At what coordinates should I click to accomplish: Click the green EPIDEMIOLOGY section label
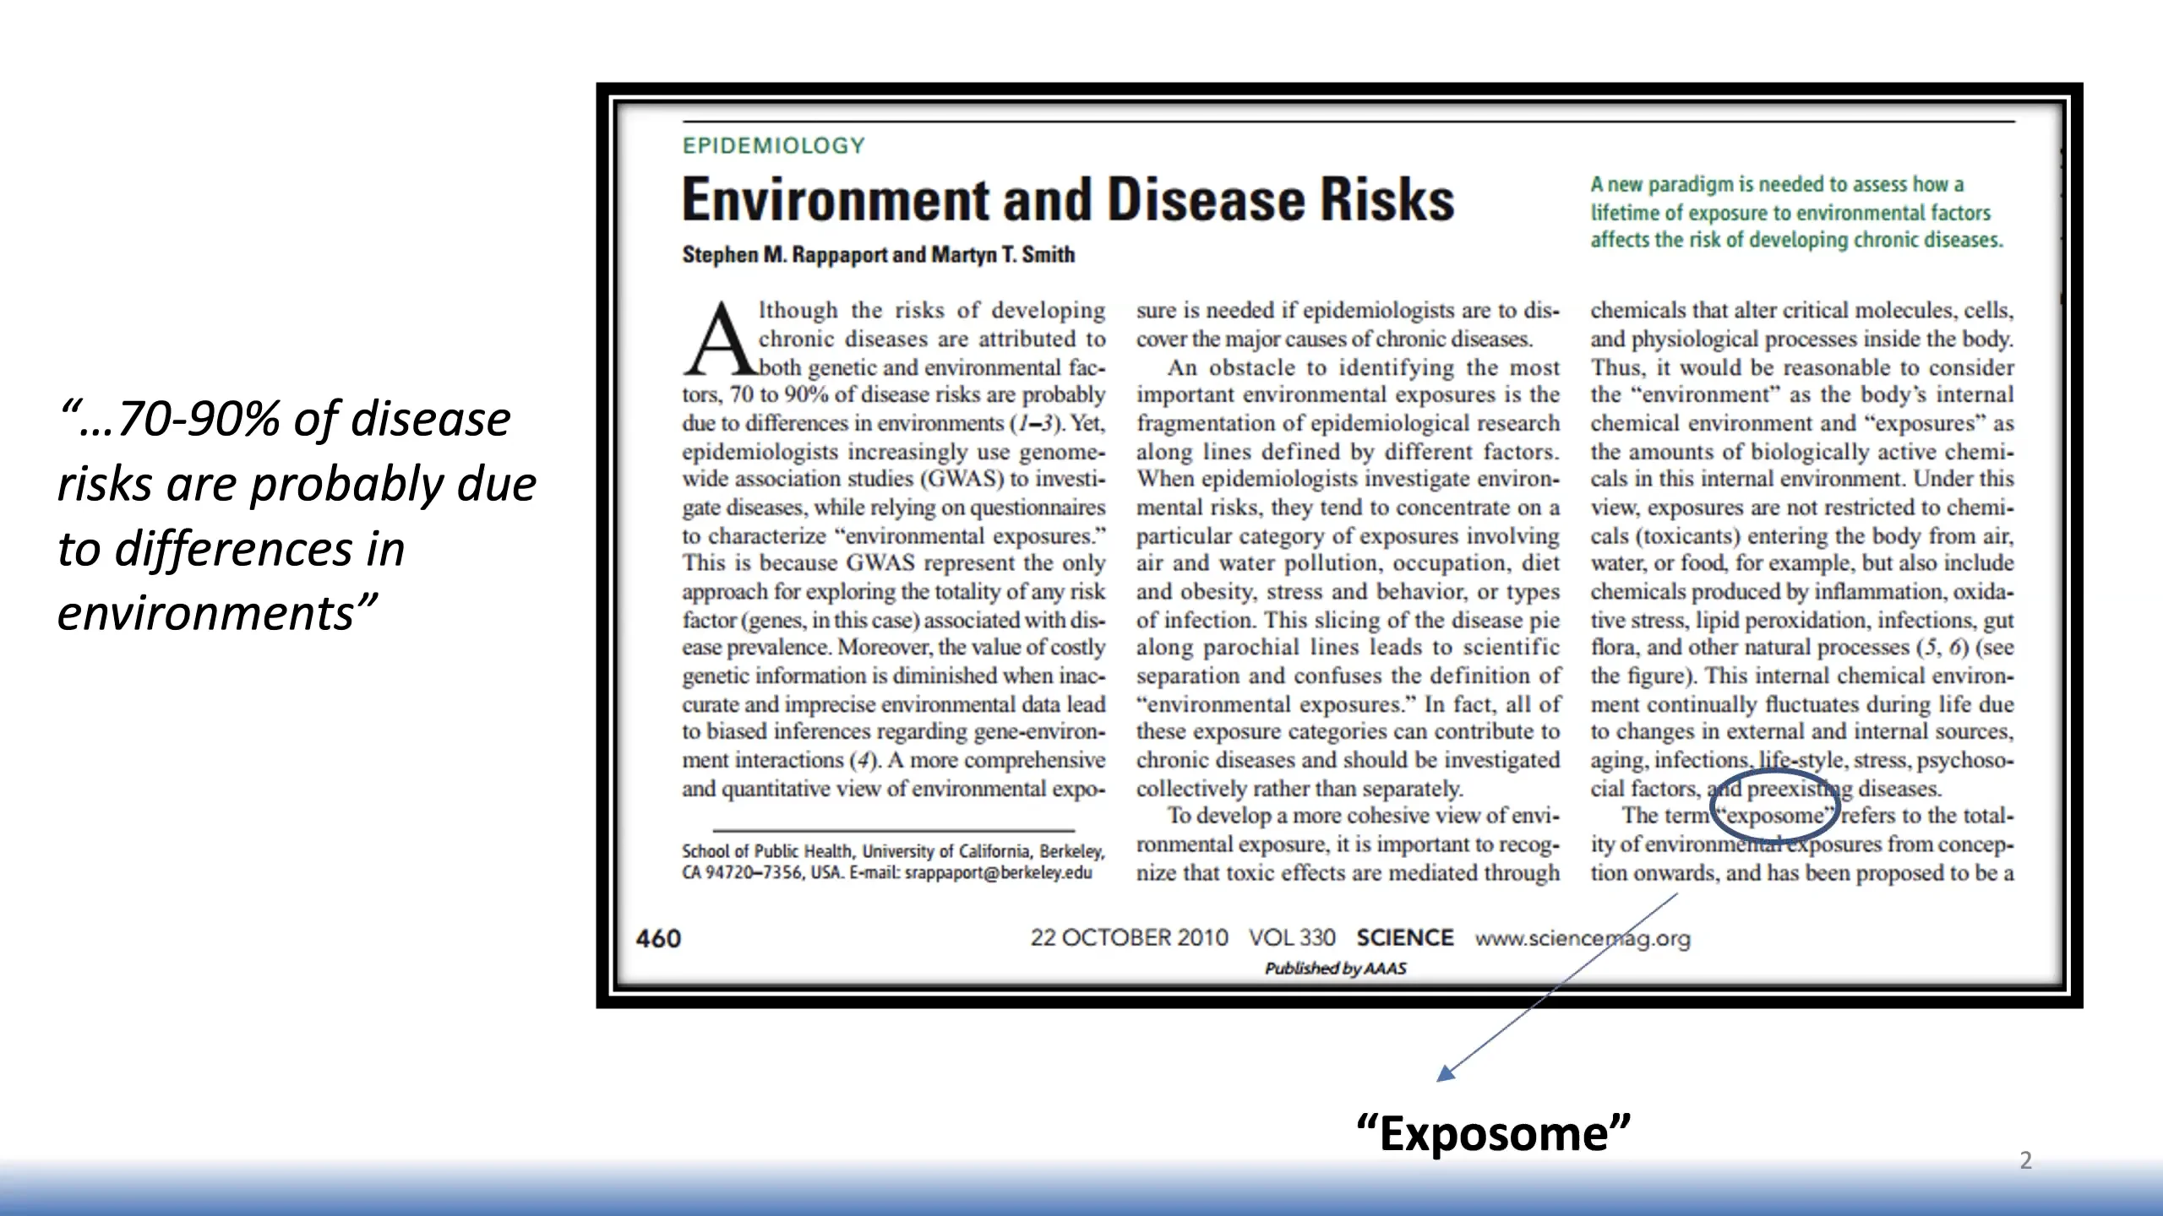tap(773, 146)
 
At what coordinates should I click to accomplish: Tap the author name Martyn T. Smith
tap(1003, 255)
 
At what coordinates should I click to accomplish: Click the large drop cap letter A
tap(718, 339)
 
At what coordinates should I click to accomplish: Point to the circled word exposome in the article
tap(1774, 817)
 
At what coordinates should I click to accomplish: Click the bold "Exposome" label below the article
tap(1493, 1133)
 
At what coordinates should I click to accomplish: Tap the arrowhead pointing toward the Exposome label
tap(1446, 1074)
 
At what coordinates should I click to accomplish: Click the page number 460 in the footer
tap(658, 939)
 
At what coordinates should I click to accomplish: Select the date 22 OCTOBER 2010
tap(1129, 938)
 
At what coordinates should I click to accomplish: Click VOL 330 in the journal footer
tap(1292, 938)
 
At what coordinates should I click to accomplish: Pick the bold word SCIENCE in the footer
tap(1404, 938)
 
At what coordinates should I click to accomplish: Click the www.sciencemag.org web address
tap(1583, 939)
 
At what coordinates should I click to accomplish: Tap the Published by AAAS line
tap(1335, 969)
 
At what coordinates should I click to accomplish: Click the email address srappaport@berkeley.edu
tap(998, 873)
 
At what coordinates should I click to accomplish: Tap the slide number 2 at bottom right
tap(2025, 1160)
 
